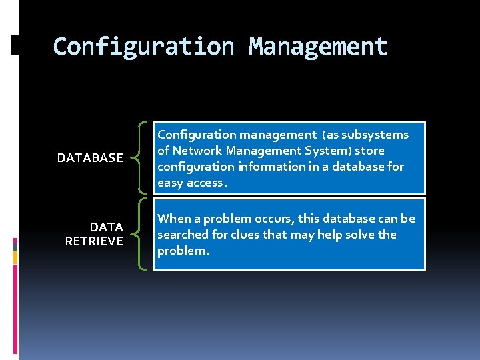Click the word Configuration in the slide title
143,47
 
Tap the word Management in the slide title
317,47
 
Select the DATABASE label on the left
90,158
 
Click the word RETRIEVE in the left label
94,241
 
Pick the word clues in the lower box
243,235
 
